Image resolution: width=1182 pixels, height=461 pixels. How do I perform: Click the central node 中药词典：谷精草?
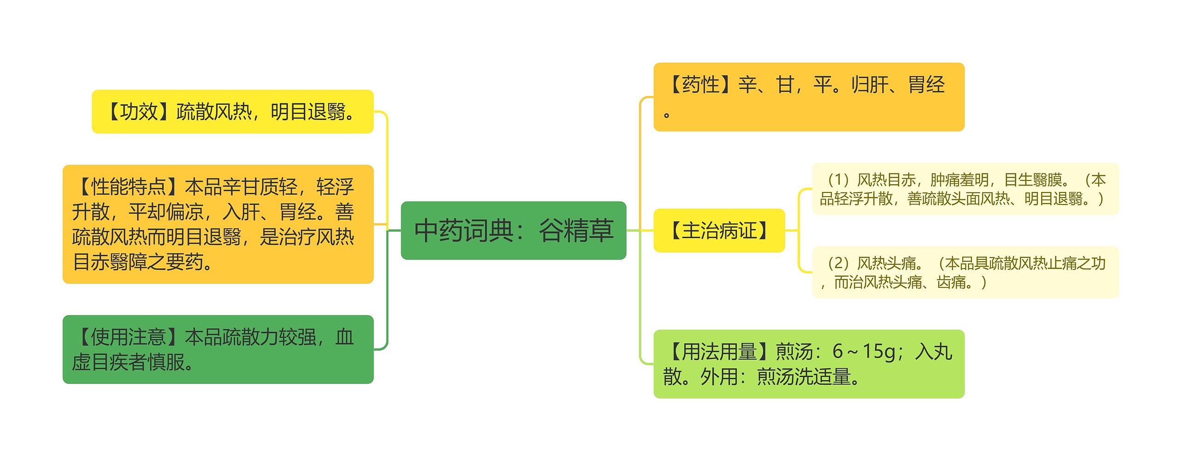click(513, 230)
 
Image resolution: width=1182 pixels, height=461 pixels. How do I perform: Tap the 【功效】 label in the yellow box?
click(139, 112)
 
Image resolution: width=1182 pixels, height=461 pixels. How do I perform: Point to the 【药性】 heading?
click(700, 85)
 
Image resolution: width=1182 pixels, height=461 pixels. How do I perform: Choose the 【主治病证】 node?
click(719, 230)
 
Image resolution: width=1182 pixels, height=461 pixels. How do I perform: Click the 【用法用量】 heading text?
click(719, 352)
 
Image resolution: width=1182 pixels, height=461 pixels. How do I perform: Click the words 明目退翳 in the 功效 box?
click(308, 112)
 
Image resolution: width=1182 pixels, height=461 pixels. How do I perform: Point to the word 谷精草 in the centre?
click(576, 230)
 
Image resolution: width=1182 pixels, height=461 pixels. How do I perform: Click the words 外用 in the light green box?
click(719, 377)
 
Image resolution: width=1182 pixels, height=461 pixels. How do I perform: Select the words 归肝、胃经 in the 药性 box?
click(898, 85)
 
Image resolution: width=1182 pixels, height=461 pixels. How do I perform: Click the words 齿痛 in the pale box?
click(952, 282)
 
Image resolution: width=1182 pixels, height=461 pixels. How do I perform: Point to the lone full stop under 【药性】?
click(666, 115)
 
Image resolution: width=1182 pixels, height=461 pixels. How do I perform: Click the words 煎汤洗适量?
click(803, 377)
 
